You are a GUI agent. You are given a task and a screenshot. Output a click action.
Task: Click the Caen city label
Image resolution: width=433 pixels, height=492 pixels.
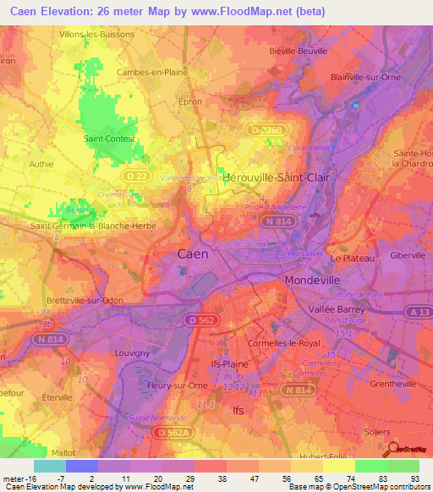[x=195, y=254]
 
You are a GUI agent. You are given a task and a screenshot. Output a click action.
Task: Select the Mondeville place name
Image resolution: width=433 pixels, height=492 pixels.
[x=317, y=280]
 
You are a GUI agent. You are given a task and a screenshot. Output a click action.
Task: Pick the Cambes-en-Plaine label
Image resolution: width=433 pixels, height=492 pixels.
[x=152, y=73]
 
